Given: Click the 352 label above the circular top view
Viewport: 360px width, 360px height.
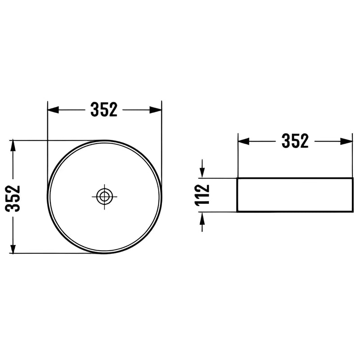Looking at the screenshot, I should click(x=104, y=109).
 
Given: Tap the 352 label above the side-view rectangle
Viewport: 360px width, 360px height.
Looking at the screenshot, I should click(x=295, y=141).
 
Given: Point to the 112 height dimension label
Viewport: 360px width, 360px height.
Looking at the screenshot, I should click(x=202, y=195).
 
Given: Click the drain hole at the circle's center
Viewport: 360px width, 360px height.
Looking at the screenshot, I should click(x=104, y=196).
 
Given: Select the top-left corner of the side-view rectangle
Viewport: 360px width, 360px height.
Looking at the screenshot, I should click(x=237, y=178).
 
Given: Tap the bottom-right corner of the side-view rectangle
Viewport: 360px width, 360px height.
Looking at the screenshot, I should click(x=353, y=211).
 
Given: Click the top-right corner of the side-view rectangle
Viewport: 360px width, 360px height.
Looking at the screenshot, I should click(x=353, y=178).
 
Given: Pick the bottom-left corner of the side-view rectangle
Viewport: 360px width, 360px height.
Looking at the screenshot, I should click(x=237, y=211).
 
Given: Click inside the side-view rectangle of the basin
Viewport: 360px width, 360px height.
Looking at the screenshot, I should click(x=295, y=195).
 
